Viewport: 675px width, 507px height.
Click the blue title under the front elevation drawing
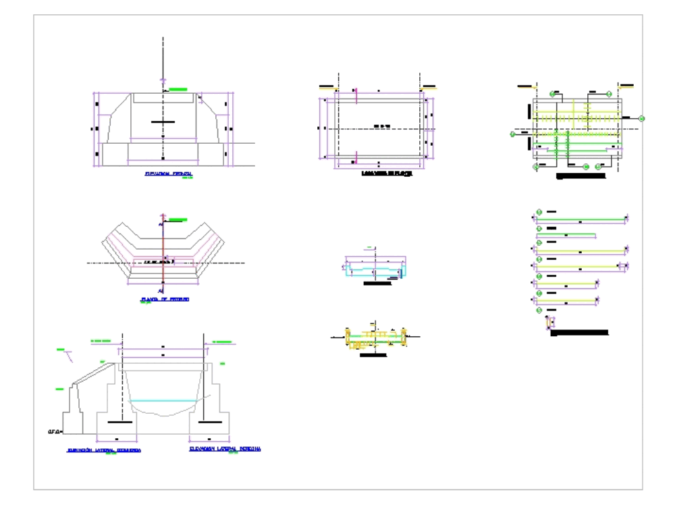tap(168, 174)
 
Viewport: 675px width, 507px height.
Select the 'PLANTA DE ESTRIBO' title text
tap(164, 298)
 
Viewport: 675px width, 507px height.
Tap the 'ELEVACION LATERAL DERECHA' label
tap(225, 448)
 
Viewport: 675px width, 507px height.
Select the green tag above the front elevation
tap(178, 89)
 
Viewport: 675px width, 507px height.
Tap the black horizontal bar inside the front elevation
tap(163, 122)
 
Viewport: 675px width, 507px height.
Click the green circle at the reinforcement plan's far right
tap(642, 119)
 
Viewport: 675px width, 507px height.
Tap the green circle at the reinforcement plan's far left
tap(513, 134)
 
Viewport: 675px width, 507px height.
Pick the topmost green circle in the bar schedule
tap(539, 213)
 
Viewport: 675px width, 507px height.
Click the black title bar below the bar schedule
tap(580, 333)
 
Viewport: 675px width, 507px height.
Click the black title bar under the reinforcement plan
tap(580, 176)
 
